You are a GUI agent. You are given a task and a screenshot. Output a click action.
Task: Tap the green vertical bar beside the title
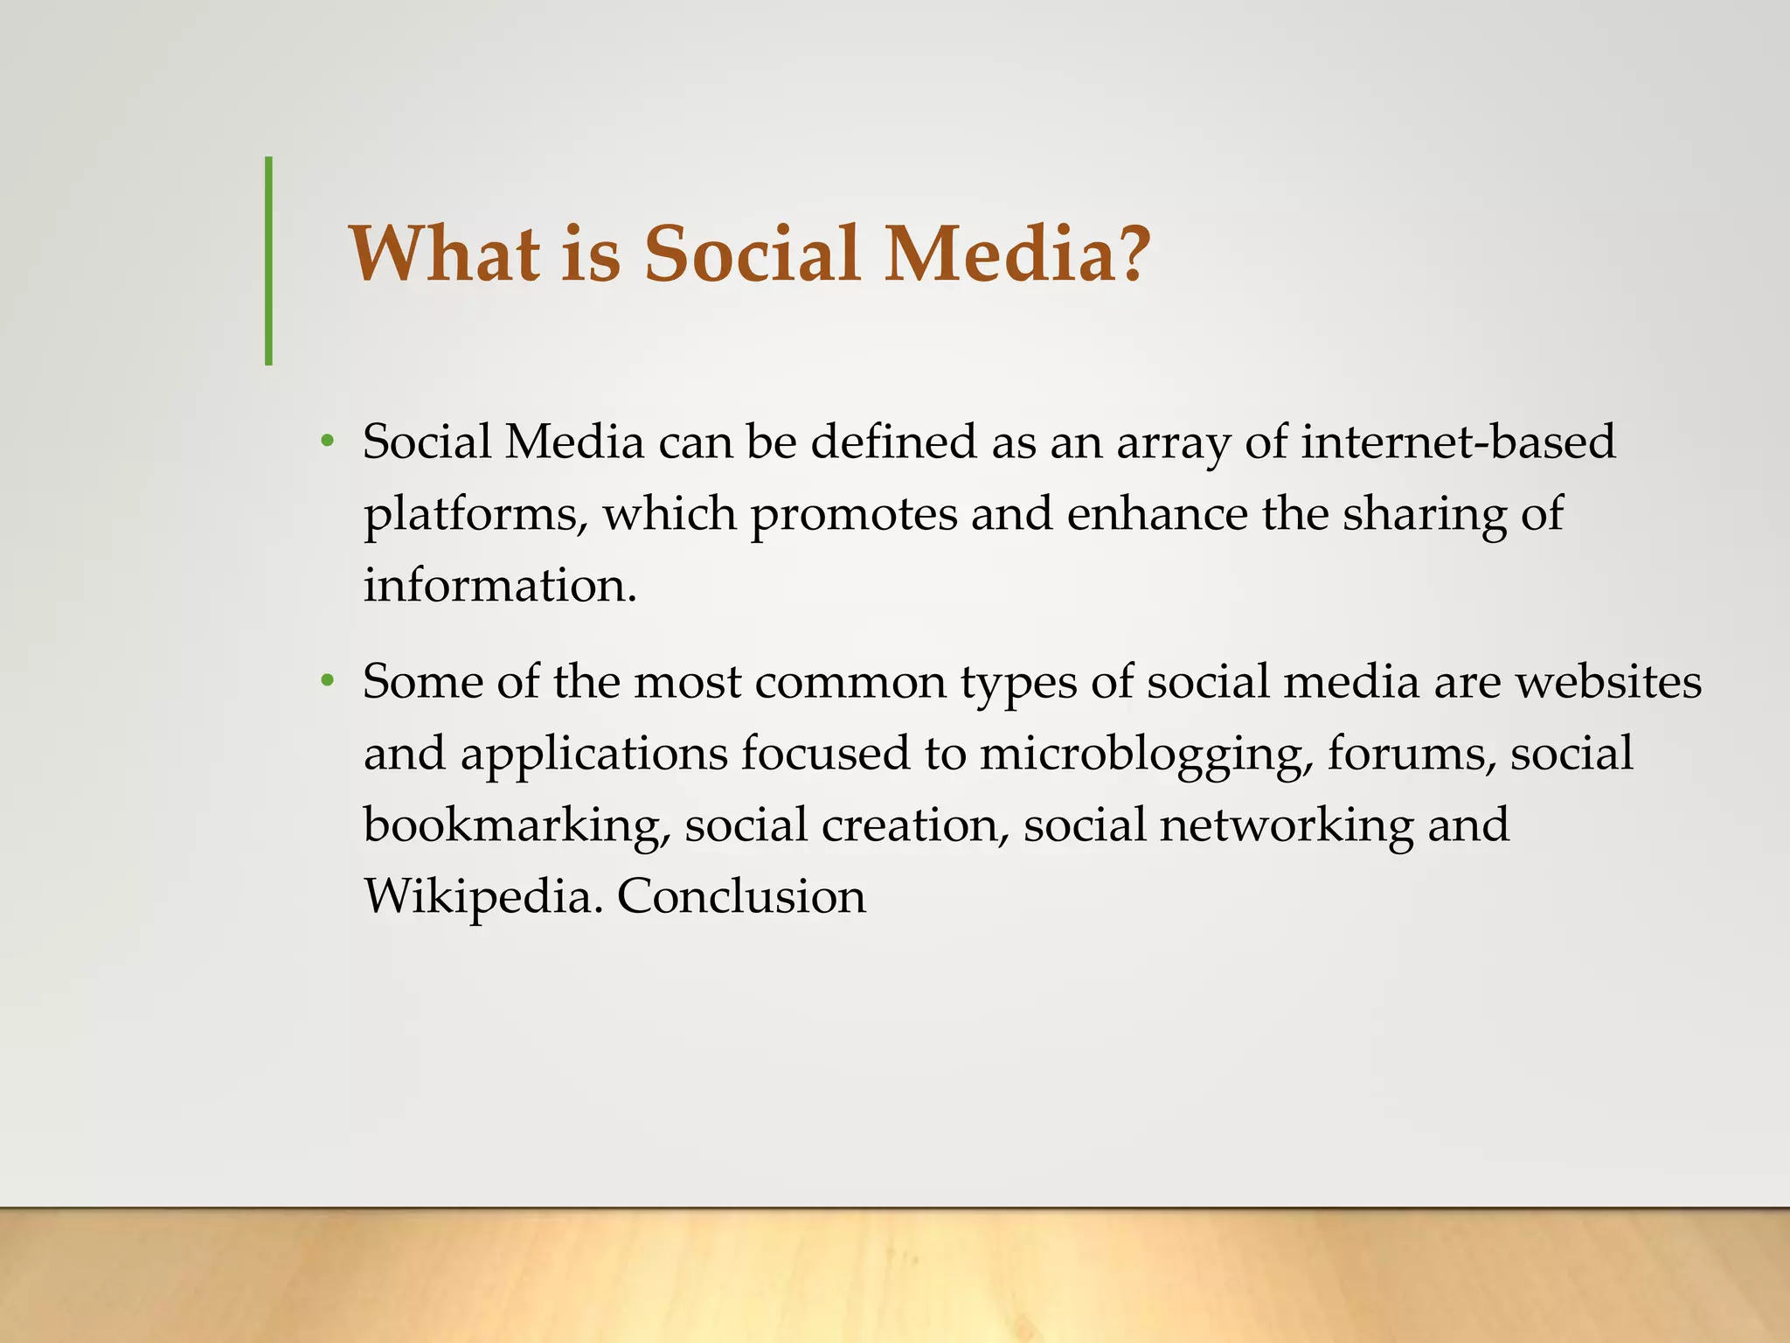(268, 261)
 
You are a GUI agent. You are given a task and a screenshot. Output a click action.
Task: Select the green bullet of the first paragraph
(327, 442)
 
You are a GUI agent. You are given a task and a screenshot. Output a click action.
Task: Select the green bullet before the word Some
(327, 681)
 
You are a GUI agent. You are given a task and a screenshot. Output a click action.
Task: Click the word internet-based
(1457, 442)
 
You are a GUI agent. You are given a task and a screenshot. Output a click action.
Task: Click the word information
(499, 585)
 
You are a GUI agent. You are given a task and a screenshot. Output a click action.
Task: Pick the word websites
(1608, 681)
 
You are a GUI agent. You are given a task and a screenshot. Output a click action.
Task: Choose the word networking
(1286, 825)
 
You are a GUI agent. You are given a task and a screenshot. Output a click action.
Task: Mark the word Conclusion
(741, 897)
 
